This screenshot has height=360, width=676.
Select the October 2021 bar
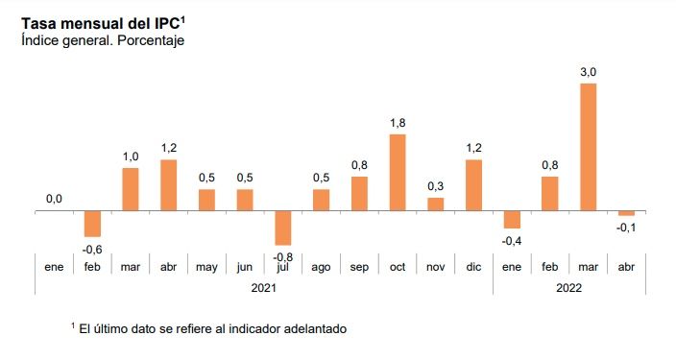pos(398,173)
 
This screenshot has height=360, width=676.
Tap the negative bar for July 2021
pos(283,228)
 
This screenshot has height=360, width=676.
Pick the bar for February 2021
pos(92,224)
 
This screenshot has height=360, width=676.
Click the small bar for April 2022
pos(626,213)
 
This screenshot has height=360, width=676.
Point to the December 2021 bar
pos(473,185)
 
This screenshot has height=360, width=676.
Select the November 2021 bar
pos(435,204)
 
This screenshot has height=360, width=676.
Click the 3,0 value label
pos(588,72)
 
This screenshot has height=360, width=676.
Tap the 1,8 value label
pos(398,123)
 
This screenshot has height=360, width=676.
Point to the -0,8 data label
pos(282,257)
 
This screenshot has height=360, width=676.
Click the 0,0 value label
pos(54,200)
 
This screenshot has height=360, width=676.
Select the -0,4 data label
pos(511,241)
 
